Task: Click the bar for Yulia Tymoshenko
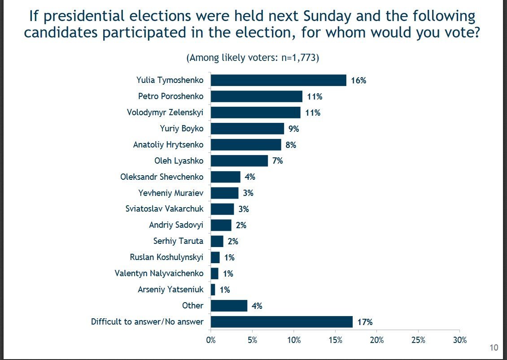pyautogui.click(x=278, y=80)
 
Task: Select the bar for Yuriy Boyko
pyautogui.click(x=247, y=129)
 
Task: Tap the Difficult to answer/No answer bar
pyautogui.click(x=281, y=322)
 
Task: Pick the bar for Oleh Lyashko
pyautogui.click(x=239, y=161)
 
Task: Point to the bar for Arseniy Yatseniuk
pyautogui.click(x=213, y=290)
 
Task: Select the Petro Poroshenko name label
pyautogui.click(x=170, y=96)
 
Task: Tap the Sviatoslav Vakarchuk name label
pyautogui.click(x=165, y=209)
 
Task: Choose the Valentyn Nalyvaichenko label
pyautogui.click(x=159, y=273)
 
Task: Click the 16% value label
pyautogui.click(x=359, y=81)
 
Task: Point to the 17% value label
pyautogui.click(x=365, y=322)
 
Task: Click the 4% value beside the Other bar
pyautogui.click(x=257, y=306)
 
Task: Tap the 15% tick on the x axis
pyautogui.click(x=335, y=340)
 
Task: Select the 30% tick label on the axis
pyautogui.click(x=459, y=340)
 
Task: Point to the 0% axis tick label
pyautogui.click(x=210, y=340)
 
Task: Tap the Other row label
pyautogui.click(x=192, y=306)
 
